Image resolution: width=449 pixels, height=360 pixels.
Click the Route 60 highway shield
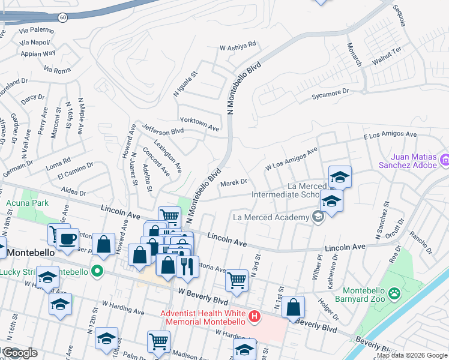click(x=62, y=18)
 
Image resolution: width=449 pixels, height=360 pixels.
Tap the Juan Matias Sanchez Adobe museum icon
click(x=445, y=160)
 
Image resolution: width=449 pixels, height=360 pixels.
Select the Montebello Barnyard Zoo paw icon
click(x=394, y=293)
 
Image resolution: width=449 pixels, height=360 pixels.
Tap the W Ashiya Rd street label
click(x=238, y=45)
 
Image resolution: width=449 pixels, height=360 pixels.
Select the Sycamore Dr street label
click(x=330, y=94)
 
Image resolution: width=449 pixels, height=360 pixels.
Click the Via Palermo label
click(x=36, y=29)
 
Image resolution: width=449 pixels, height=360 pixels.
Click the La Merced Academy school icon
click(x=318, y=217)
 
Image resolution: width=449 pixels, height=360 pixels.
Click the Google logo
click(x=19, y=353)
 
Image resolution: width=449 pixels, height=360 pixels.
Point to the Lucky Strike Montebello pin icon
click(x=95, y=272)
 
